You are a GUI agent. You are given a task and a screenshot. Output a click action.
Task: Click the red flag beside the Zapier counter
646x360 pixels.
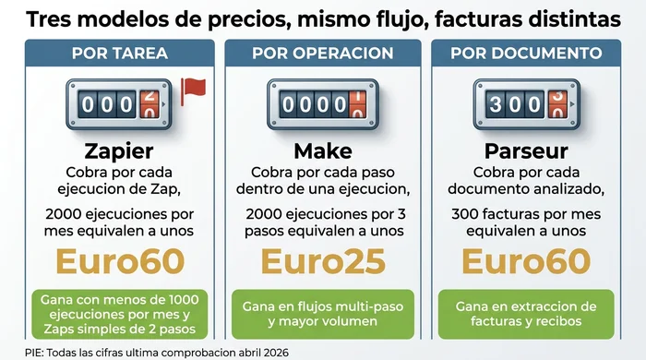tap(193, 89)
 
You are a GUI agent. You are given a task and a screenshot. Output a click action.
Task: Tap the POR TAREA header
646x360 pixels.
tap(119, 53)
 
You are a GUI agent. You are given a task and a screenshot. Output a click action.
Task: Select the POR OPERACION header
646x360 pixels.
tap(323, 53)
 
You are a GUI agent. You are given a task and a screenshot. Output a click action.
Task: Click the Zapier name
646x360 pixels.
tap(119, 151)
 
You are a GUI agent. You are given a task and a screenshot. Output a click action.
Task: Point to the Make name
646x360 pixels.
tap(323, 151)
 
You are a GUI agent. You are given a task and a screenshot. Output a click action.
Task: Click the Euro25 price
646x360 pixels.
tap(323, 262)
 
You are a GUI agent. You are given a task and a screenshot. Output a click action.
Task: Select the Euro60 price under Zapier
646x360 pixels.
tap(119, 262)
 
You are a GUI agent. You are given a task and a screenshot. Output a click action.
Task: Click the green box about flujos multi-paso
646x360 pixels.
tap(323, 314)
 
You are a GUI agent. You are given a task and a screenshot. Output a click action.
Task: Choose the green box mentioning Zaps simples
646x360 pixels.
tap(119, 314)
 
